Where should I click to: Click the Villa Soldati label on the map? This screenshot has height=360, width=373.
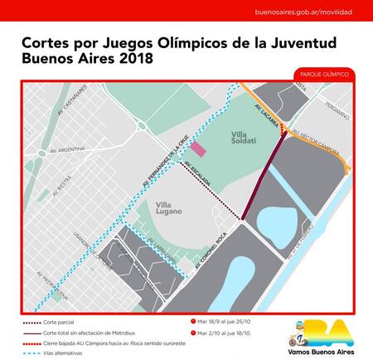click(245, 137)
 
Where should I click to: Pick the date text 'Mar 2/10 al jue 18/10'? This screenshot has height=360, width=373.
click(219, 332)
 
